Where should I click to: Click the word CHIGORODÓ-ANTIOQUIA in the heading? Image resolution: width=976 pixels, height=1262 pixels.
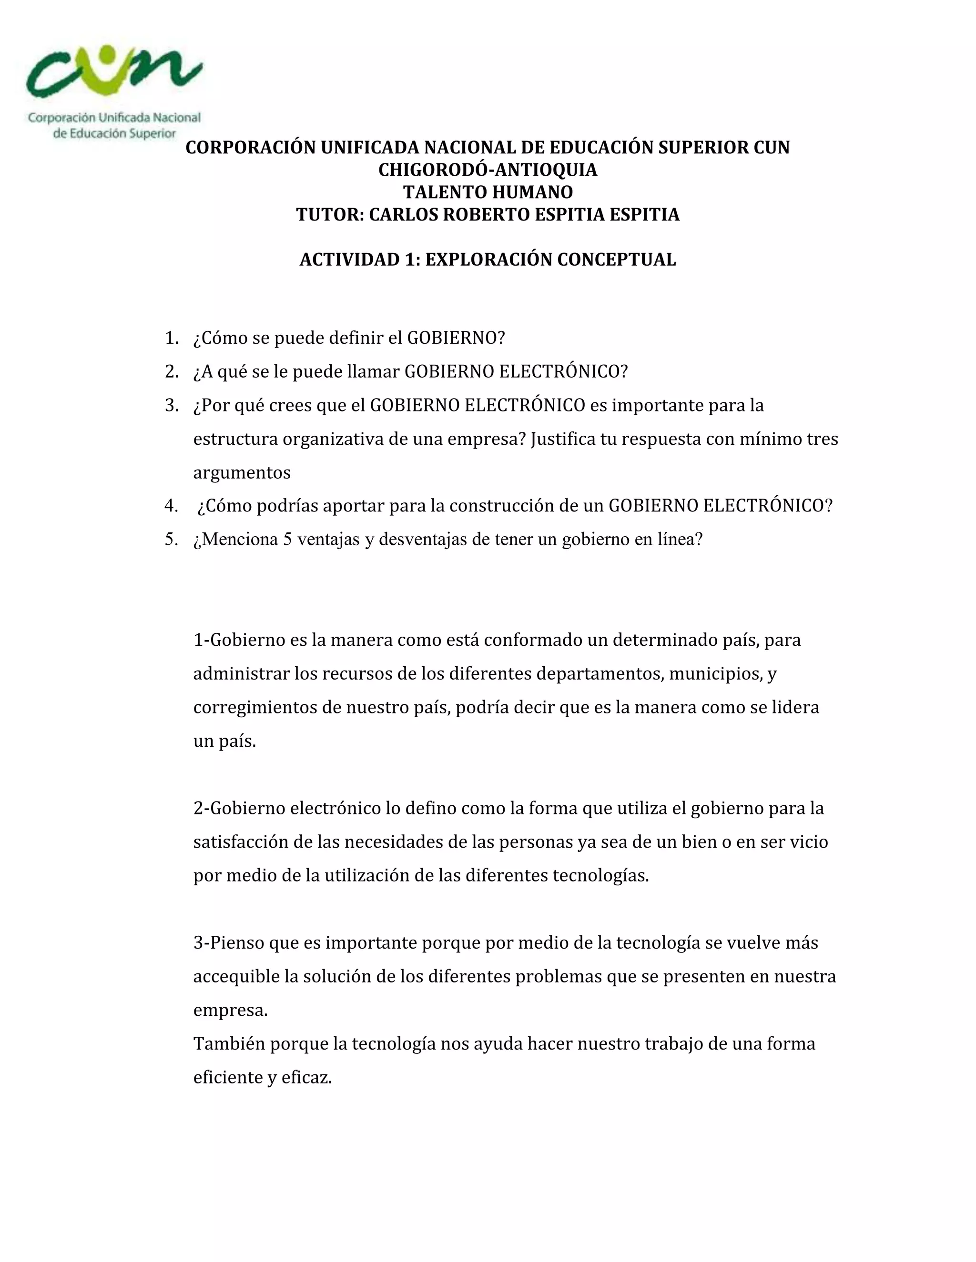click(488, 170)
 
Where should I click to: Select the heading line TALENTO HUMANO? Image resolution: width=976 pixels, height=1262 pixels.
click(488, 192)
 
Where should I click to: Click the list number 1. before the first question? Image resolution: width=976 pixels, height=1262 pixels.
click(172, 338)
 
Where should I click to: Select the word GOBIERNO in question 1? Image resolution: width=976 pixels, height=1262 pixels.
click(452, 338)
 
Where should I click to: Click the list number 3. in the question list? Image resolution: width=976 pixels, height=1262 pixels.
click(172, 406)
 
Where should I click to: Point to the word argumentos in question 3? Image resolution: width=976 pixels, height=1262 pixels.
click(242, 473)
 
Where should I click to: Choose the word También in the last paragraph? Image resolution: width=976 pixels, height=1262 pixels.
click(230, 1043)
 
